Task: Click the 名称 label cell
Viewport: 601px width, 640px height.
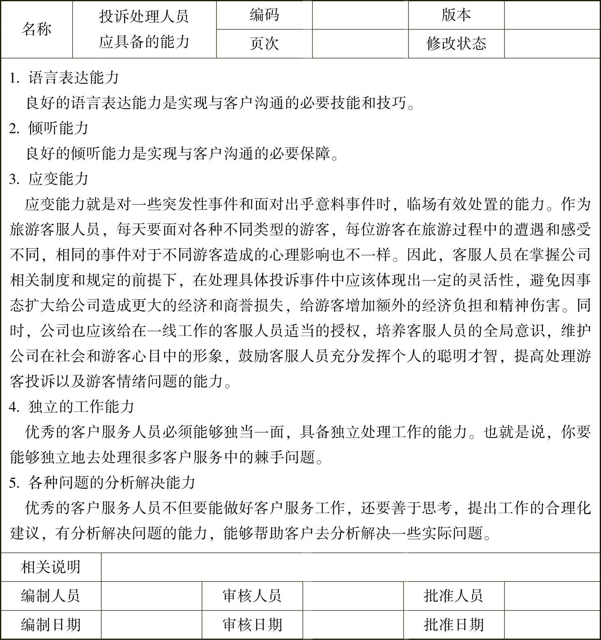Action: [x=37, y=29]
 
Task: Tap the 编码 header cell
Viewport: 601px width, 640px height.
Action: [x=264, y=15]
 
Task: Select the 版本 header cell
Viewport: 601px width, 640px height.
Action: [x=456, y=15]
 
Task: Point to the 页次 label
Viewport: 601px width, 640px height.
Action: [x=264, y=44]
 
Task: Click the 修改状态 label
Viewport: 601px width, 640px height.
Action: [x=456, y=44]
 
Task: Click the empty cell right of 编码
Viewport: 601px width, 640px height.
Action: [x=360, y=15]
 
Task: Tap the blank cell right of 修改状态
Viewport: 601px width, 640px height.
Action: [x=552, y=44]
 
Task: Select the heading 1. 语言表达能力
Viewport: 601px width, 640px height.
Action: [x=64, y=78]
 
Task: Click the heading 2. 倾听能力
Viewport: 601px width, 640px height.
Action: [x=49, y=128]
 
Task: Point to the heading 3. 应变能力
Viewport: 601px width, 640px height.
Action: [x=49, y=179]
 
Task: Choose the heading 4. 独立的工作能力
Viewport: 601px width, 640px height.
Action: [x=72, y=407]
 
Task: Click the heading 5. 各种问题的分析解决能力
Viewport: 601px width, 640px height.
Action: [x=102, y=483]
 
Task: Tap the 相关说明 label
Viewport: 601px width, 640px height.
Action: [x=51, y=567]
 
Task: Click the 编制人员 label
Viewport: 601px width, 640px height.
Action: [x=51, y=596]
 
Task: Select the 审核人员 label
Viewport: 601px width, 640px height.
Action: [x=252, y=596]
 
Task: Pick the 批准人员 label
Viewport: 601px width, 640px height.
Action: [x=453, y=596]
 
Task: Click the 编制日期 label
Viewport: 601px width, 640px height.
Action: [x=51, y=625]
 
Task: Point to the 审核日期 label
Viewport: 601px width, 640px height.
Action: [x=252, y=625]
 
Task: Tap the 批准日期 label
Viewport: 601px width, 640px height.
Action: [x=453, y=625]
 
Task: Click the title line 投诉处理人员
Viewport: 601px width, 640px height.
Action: [x=144, y=17]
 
